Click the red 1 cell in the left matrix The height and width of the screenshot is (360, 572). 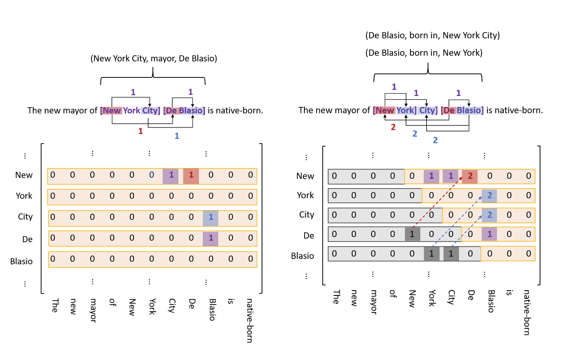point(191,175)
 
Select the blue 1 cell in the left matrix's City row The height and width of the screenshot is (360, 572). point(211,217)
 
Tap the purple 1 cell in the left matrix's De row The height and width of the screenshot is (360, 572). point(211,238)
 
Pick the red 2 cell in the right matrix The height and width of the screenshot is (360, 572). point(470,176)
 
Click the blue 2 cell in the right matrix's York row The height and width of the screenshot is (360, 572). point(489,195)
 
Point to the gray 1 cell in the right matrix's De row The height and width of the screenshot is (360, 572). point(412,234)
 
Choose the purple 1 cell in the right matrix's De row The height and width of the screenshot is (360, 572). point(489,234)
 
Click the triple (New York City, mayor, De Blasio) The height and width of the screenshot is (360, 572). point(154,58)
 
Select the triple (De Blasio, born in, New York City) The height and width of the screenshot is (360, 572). point(432,36)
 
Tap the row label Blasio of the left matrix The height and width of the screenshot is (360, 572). point(21,261)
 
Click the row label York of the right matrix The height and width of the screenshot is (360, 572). point(305,195)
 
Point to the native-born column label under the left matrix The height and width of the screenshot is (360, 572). point(250,320)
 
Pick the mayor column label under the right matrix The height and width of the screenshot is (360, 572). point(373,302)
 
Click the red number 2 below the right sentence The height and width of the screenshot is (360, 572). point(393,127)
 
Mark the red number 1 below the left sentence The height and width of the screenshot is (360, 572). point(140,132)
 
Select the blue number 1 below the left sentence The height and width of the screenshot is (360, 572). point(177,136)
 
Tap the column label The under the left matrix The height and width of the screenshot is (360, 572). point(55,305)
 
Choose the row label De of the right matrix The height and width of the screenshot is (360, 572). point(309,236)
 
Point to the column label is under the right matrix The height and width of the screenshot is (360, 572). point(509,293)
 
